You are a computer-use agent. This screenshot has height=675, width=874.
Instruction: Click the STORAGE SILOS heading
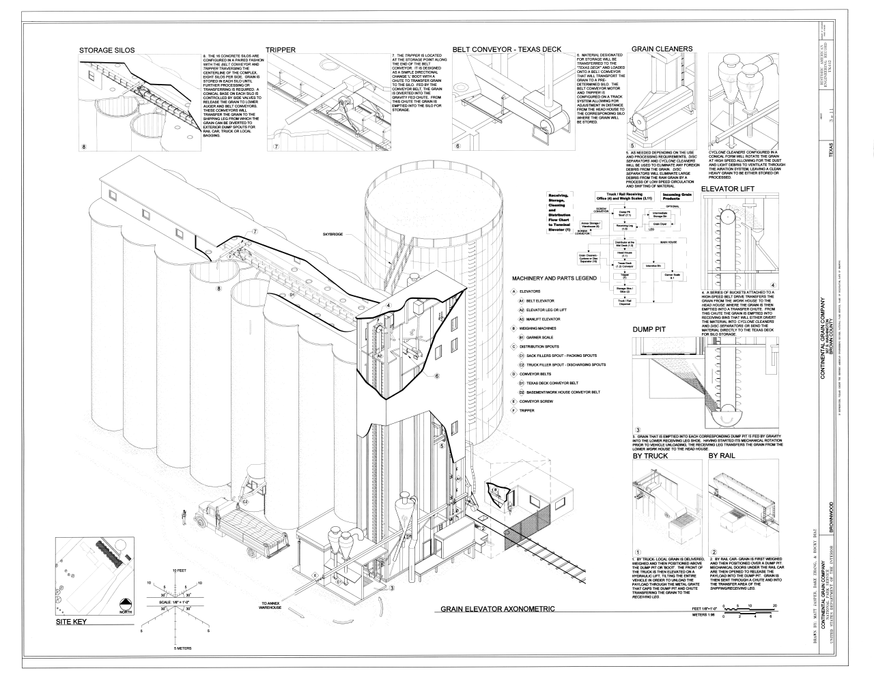107,50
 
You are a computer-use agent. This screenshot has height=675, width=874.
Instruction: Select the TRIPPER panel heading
281,50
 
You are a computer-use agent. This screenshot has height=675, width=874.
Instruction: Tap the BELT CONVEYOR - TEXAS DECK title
507,50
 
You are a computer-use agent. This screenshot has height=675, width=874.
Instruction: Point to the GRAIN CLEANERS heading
662,49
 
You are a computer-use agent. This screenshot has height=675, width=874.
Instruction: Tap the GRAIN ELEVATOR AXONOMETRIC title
497,609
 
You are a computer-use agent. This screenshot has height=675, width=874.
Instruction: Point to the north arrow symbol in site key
125,604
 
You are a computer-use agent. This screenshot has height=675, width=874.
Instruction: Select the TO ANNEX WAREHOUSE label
271,606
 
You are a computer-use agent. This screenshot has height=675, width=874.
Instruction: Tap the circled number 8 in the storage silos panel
85,147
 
